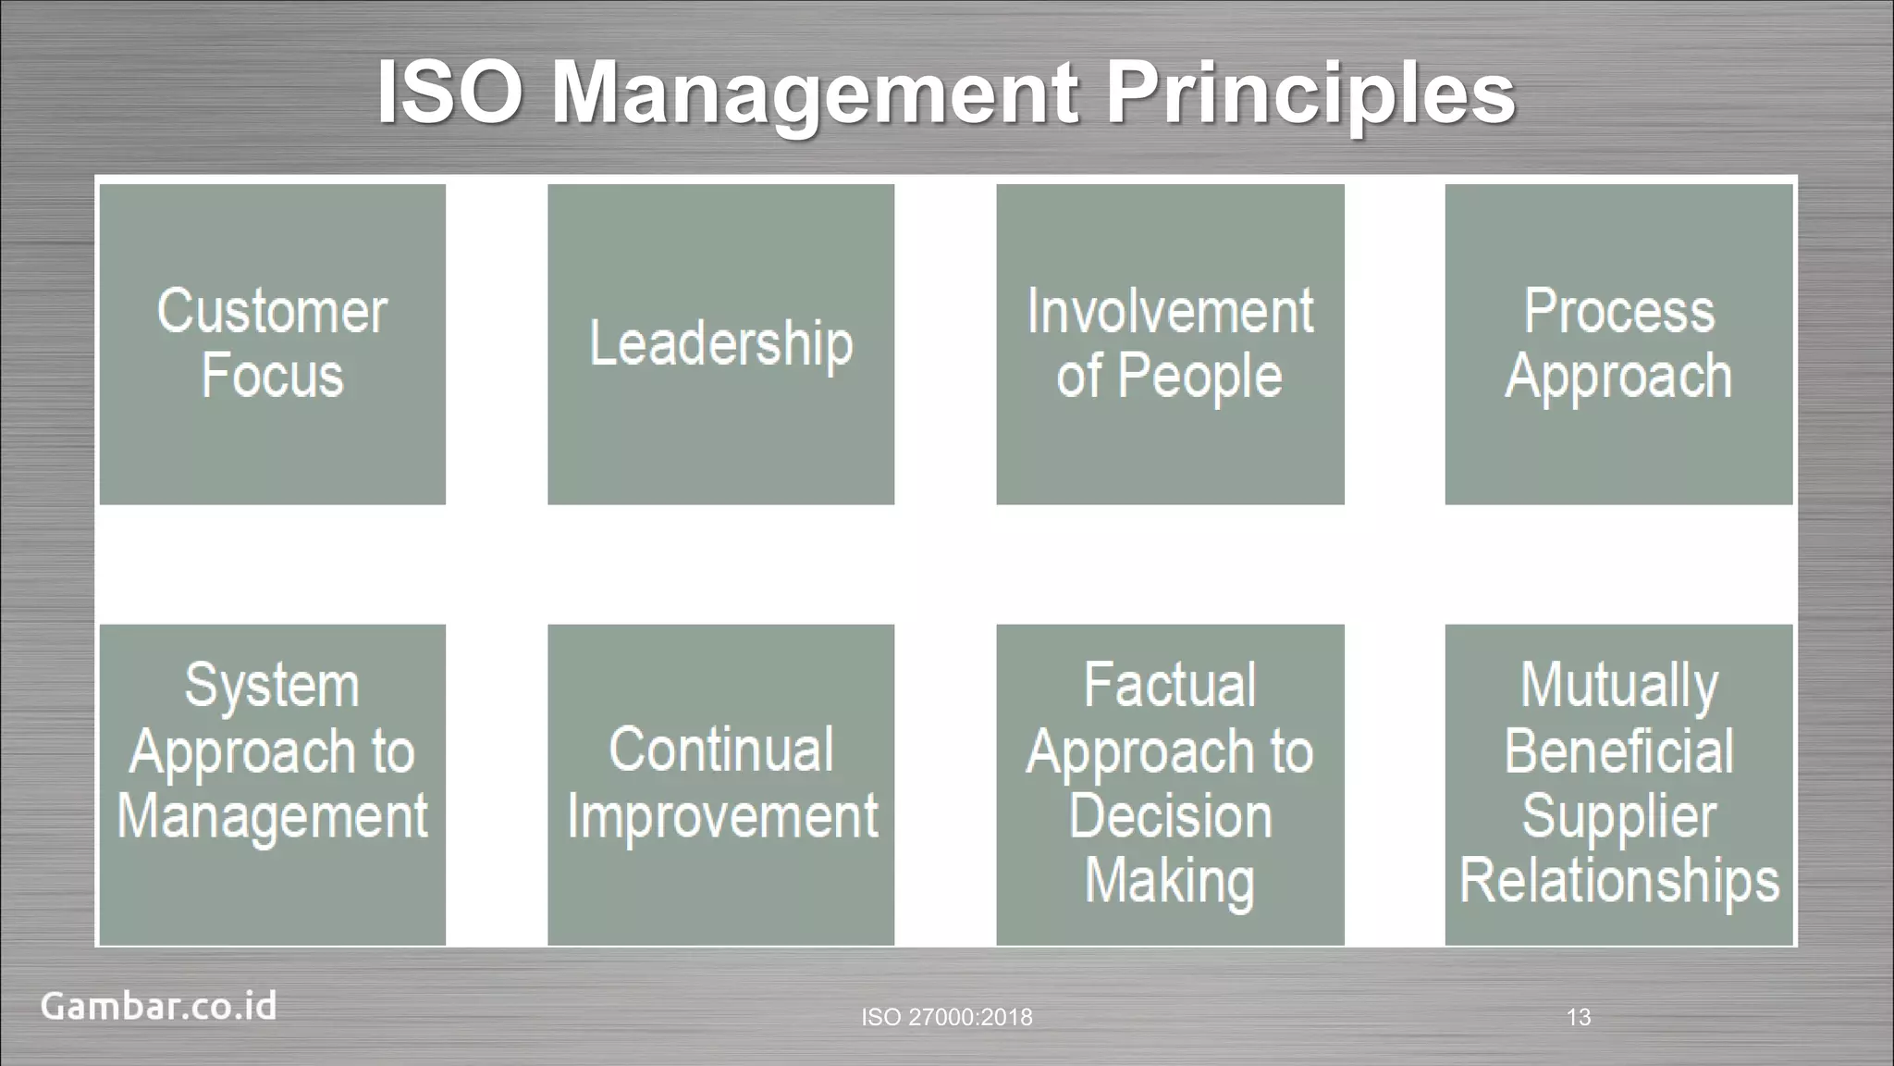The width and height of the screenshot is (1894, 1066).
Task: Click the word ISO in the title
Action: pyautogui.click(x=449, y=93)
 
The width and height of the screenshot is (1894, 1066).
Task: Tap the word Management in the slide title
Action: pyautogui.click(x=815, y=94)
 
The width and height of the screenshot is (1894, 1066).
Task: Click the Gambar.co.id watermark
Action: pyautogui.click(x=158, y=1006)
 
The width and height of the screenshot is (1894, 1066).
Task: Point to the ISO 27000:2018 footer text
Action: pyautogui.click(x=947, y=1017)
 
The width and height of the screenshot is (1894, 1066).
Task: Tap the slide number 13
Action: pyautogui.click(x=1579, y=1017)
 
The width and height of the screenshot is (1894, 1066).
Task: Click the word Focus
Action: pyautogui.click(x=272, y=376)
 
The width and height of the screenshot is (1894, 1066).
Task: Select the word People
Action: pyautogui.click(x=1199, y=378)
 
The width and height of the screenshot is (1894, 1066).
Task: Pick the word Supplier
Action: pyautogui.click(x=1618, y=817)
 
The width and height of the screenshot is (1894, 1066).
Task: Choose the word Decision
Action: pyautogui.click(x=1170, y=815)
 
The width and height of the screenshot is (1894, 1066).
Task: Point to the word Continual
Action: pyautogui.click(x=720, y=750)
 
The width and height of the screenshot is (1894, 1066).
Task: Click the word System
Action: pyautogui.click(x=272, y=687)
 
